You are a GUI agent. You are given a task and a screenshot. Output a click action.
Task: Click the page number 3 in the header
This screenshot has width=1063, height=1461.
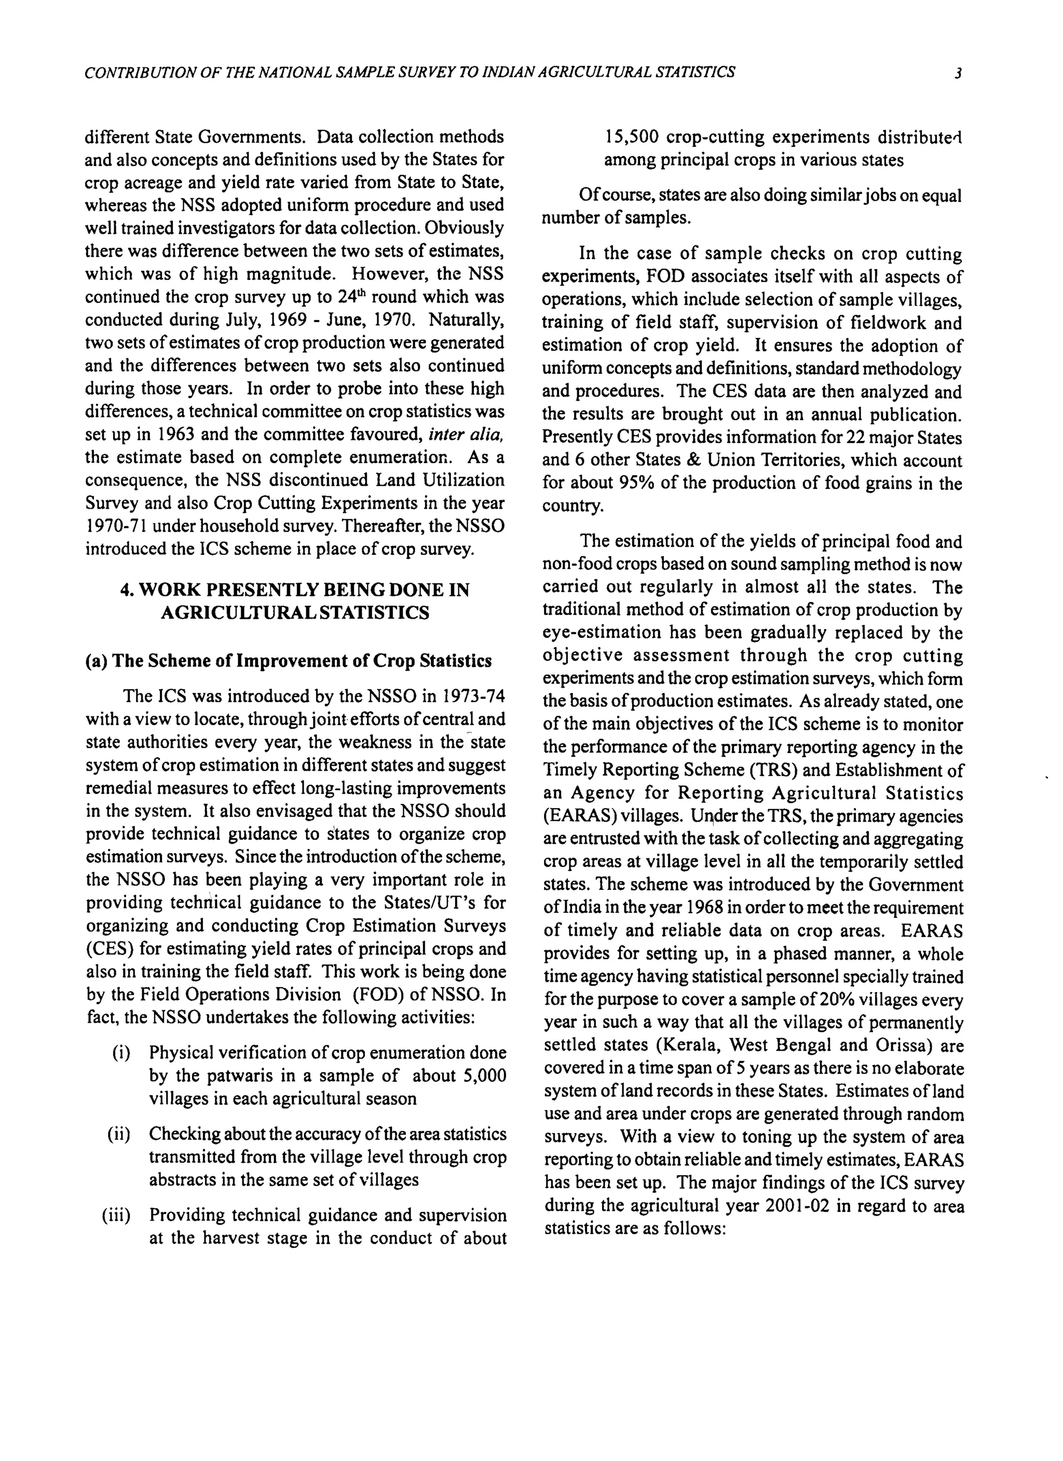959,73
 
